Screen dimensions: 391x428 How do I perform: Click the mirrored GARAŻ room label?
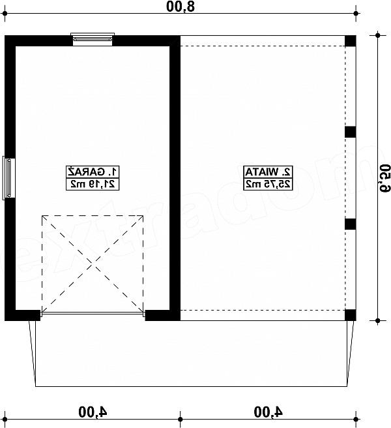[93, 172]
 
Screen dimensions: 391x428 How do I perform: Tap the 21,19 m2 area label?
[93, 184]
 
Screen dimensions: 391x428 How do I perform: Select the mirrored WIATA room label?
[268, 172]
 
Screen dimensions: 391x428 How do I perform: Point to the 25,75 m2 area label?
[268, 184]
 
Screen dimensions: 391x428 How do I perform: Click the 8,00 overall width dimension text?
[181, 7]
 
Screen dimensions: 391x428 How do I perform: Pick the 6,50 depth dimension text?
[384, 178]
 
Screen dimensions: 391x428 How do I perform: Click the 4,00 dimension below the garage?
[93, 412]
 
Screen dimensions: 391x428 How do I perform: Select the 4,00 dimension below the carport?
[268, 412]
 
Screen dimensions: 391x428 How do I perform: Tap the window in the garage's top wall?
[93, 39]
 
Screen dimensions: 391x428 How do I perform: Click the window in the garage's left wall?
[8, 178]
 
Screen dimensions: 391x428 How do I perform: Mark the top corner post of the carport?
[351, 41]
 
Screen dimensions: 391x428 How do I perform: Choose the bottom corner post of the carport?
[351, 315]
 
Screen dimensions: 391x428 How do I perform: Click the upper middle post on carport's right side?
[351, 132]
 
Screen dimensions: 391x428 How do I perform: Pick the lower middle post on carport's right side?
[351, 224]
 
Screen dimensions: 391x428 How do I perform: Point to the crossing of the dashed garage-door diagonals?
[93, 264]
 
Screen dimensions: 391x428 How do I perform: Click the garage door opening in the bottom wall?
[93, 314]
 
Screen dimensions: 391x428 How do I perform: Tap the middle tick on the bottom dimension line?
[181, 419]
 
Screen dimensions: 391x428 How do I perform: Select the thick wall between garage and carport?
[175, 178]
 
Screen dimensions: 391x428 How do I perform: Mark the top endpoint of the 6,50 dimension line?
[377, 35]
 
